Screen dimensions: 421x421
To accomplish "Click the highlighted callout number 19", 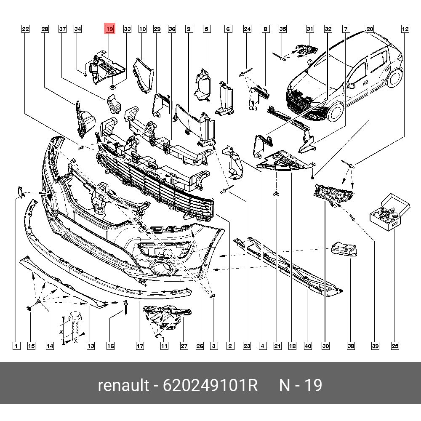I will point(109,29).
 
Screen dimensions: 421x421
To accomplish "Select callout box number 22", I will point(26,29).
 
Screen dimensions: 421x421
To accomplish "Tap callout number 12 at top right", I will point(405,29).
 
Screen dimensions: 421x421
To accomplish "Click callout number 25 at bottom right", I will point(395,346).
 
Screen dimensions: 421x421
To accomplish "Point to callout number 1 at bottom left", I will point(16,346).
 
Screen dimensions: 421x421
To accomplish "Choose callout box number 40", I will point(308,346).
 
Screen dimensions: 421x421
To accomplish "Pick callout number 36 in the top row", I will point(172,29).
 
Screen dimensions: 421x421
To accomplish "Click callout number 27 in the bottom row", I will point(184,346).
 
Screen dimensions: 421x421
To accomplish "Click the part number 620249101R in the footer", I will point(210,385).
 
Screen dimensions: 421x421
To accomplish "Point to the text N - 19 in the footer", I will point(301,385).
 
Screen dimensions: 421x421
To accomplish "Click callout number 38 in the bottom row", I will point(351,346).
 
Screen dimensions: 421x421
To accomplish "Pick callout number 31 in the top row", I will point(310,29).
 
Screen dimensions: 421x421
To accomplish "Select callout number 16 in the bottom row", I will point(110,346).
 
